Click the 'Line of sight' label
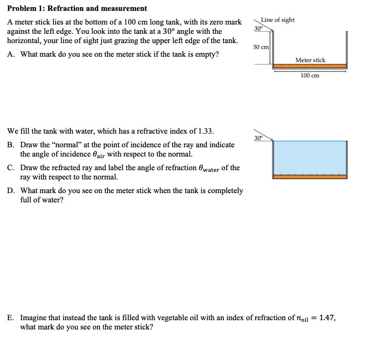[277, 20]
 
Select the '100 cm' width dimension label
[310, 75]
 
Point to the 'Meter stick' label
[310, 60]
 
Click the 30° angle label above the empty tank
[258, 28]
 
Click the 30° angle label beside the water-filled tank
[258, 137]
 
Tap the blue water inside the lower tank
[310, 158]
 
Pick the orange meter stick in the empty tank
[310, 66]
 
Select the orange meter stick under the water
[310, 177]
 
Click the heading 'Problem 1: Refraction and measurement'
[77, 8]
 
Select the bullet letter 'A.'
[11, 55]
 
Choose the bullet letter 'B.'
[11, 145]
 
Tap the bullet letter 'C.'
[11, 168]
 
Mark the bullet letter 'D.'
[11, 191]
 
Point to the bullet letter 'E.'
[11, 317]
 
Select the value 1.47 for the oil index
[327, 317]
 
